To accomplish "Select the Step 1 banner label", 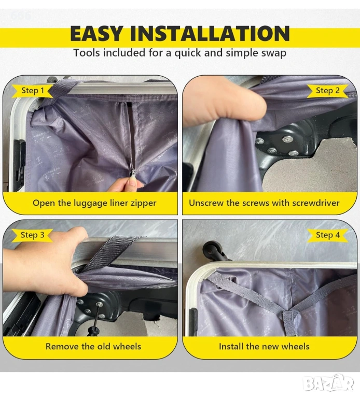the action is [33, 90].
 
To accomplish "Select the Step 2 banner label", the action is [327, 90].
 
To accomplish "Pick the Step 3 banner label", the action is [33, 235].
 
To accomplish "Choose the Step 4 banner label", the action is [327, 235].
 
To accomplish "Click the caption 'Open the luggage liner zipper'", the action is [94, 203].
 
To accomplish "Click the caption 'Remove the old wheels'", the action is [93, 347].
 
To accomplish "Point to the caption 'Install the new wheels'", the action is [264, 347].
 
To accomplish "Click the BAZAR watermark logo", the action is [329, 383].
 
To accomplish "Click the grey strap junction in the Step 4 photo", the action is [289, 316].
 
